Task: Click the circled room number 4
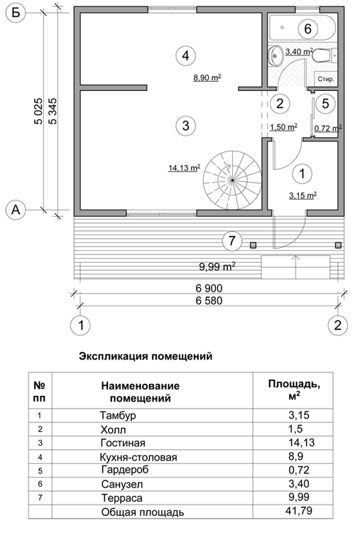point(185,55)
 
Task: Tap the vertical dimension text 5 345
point(53,112)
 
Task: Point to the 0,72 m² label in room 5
point(329,129)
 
